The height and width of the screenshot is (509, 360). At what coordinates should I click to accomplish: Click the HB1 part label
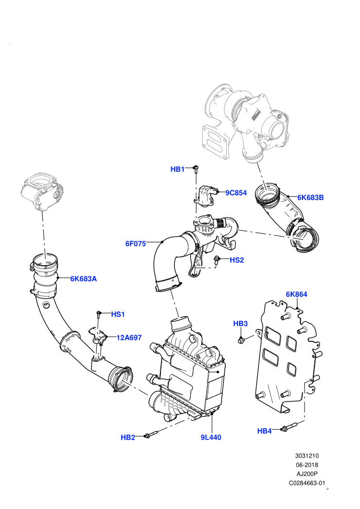click(x=177, y=169)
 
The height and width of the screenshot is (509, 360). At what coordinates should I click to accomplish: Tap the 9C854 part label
click(x=236, y=193)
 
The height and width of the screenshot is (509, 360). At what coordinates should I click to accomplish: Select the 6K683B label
click(x=310, y=197)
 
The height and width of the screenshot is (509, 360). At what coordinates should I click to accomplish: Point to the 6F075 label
click(x=136, y=244)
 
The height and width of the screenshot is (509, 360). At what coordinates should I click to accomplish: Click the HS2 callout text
click(x=237, y=260)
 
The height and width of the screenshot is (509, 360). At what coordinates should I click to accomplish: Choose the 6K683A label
click(x=83, y=279)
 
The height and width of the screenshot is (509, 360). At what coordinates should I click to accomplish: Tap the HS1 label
click(x=118, y=314)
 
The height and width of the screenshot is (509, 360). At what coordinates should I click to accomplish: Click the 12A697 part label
click(x=129, y=338)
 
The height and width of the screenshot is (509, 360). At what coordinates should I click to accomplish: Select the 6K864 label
click(x=296, y=294)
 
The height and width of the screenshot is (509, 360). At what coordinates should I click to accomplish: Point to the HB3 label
click(x=241, y=323)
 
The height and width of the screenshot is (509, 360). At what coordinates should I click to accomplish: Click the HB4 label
click(x=264, y=431)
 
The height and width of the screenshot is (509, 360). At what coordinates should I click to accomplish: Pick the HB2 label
click(x=128, y=437)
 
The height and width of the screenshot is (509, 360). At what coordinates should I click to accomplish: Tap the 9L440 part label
click(x=211, y=437)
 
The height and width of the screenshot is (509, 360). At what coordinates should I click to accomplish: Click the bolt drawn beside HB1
click(x=196, y=169)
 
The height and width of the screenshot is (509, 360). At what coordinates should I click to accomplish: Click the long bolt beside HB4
click(x=290, y=427)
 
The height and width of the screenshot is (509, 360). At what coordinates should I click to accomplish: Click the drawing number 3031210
click(x=307, y=456)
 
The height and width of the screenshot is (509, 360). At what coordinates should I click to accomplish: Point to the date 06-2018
click(x=307, y=465)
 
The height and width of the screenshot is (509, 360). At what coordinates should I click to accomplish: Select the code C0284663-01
click(x=307, y=483)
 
